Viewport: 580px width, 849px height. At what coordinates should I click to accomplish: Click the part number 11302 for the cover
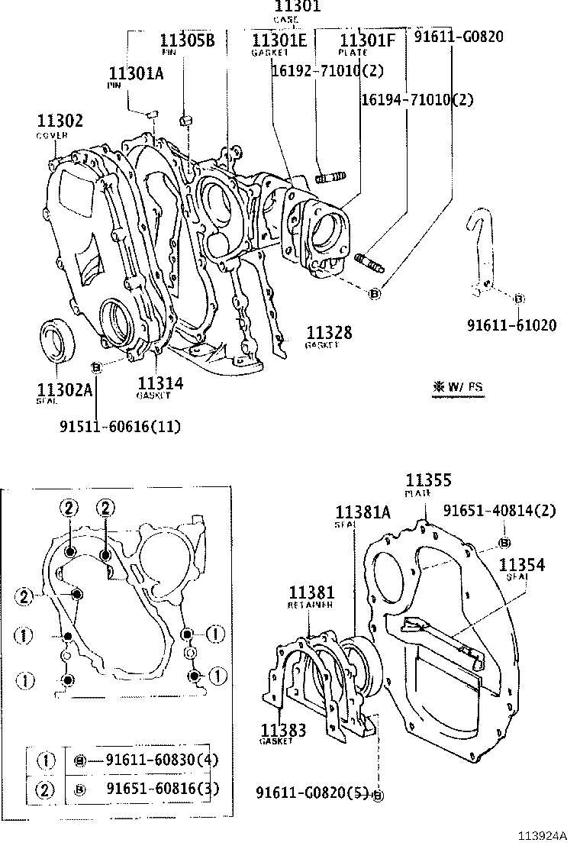(60, 121)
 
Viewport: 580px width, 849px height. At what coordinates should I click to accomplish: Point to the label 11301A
(136, 73)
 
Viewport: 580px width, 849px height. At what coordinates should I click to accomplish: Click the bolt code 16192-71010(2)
(327, 70)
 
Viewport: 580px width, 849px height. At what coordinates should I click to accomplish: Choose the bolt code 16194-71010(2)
(417, 99)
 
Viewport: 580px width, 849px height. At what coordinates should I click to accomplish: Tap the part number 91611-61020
(512, 325)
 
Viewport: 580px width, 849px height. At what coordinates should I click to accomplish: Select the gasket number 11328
(329, 332)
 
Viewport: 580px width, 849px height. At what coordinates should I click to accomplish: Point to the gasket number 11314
(160, 383)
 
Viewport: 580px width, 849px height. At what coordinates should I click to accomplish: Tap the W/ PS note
(458, 387)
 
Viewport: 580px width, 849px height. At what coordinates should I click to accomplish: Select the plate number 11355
(428, 480)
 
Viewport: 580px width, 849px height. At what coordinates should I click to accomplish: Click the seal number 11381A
(362, 512)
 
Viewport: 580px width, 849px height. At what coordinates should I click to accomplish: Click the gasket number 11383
(283, 731)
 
